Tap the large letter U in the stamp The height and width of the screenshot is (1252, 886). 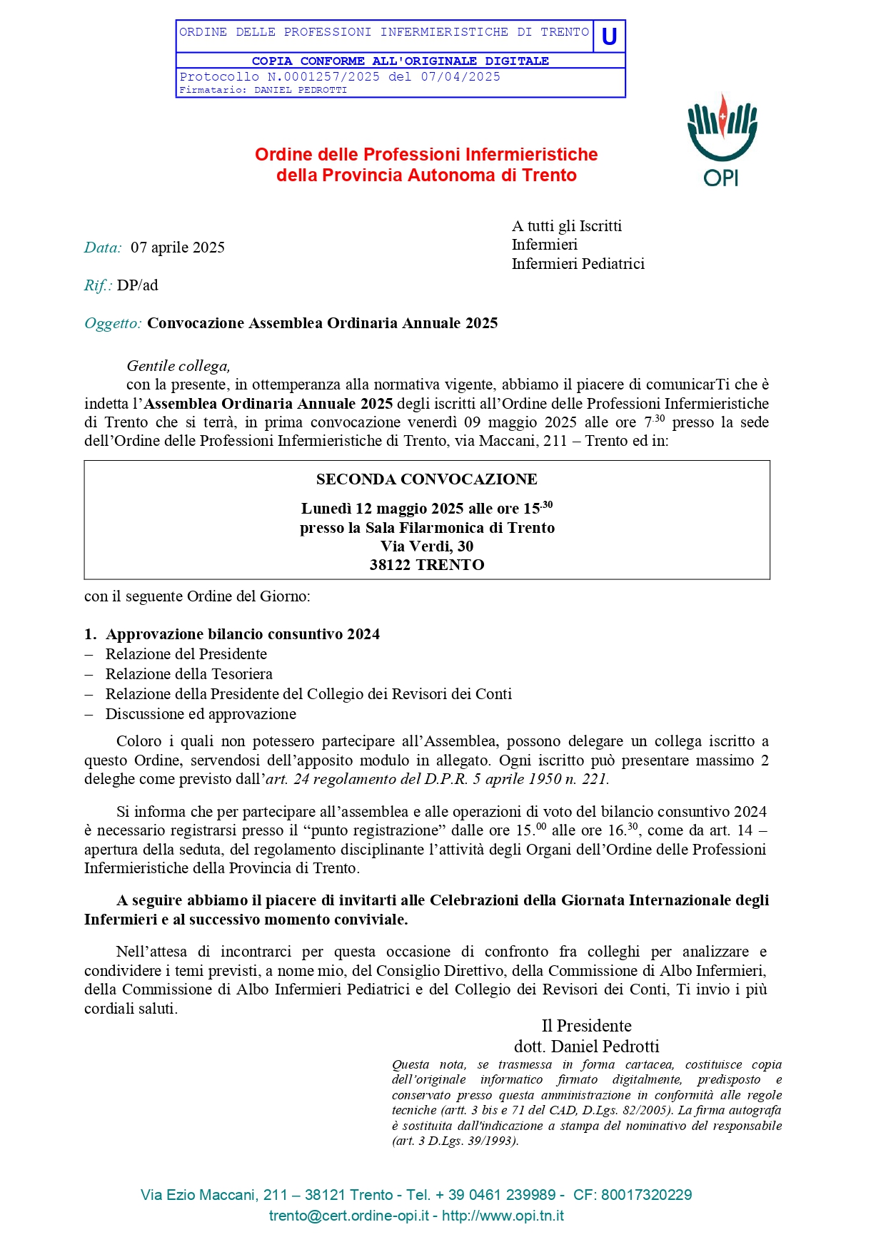pos(609,36)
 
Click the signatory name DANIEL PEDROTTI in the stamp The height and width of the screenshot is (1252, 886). pos(301,91)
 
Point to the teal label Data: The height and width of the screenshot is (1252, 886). pos(103,248)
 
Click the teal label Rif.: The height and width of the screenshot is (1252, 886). pos(98,285)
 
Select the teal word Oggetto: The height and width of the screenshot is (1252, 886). pos(113,323)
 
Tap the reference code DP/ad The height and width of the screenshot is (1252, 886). pos(138,285)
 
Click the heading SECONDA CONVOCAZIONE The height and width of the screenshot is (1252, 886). pos(426,479)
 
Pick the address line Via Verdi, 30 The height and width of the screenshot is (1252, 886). pos(426,546)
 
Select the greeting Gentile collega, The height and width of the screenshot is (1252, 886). pos(178,366)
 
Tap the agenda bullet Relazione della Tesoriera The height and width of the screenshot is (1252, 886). pos(188,674)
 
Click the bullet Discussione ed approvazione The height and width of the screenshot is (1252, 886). pos(201,714)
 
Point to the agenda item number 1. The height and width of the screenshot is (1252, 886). pos(90,634)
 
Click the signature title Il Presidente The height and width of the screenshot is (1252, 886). pos(586,1026)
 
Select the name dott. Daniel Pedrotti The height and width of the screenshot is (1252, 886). pos(586,1047)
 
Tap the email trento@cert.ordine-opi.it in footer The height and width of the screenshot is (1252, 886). pos(349,1216)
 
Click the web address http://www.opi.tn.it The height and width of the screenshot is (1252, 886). pos(503,1216)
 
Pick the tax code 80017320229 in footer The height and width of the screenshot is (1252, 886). pos(646,1195)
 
